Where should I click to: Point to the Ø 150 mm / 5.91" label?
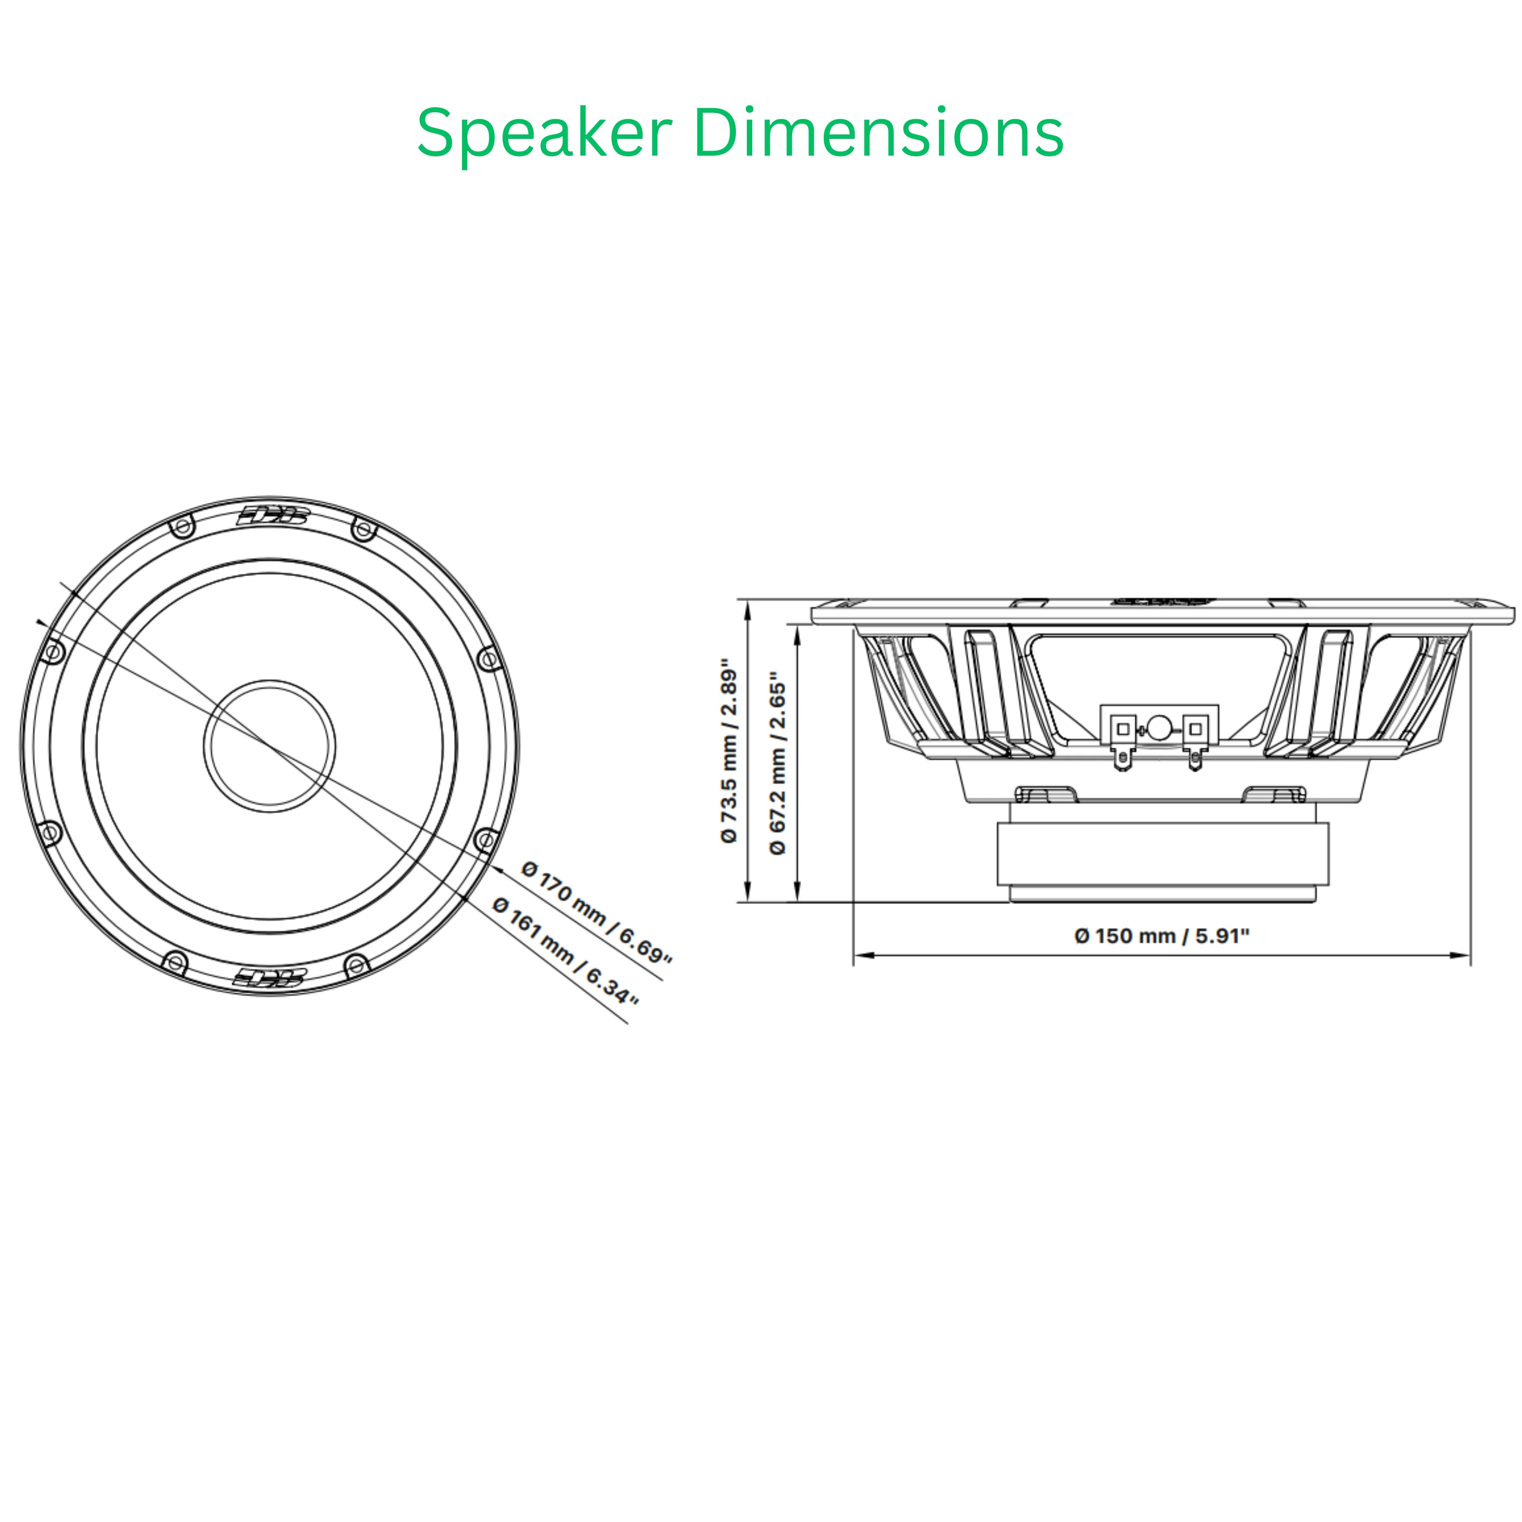click(x=1162, y=936)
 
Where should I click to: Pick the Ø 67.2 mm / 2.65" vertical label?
click(x=777, y=763)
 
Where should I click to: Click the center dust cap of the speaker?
click(x=269, y=745)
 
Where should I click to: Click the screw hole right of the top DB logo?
click(x=363, y=529)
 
